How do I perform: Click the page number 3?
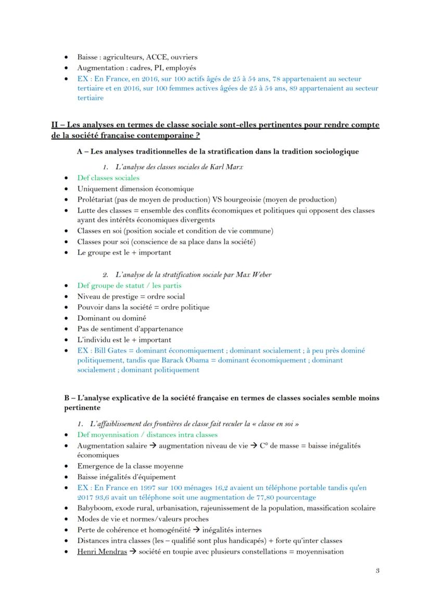coord(377,571)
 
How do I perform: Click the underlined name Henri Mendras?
coord(102,552)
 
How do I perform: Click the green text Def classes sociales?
coord(108,178)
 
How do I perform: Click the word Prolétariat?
coord(96,200)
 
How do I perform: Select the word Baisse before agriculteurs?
coord(88,57)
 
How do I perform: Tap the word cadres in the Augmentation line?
coord(137,68)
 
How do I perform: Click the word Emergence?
coord(96,466)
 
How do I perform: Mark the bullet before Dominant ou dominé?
coord(66,318)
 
